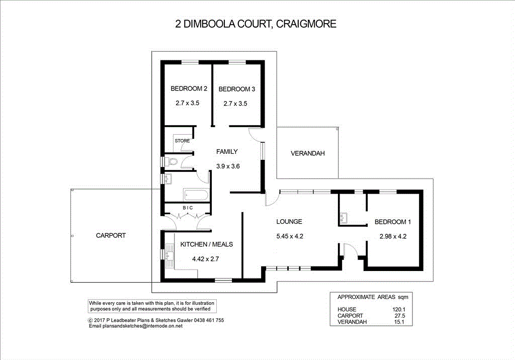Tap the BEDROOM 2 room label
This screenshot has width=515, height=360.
189,89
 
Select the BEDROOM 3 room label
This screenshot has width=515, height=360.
236,89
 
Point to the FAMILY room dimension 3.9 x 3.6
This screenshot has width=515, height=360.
226,166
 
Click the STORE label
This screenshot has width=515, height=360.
182,141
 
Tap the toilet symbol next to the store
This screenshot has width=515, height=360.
173,162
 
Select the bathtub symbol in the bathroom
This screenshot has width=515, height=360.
195,193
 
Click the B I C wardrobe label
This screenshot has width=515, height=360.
187,208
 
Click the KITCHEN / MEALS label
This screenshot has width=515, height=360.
206,244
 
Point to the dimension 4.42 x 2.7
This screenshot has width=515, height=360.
206,259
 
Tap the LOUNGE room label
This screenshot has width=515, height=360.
289,221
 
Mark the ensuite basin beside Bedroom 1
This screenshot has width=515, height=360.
345,218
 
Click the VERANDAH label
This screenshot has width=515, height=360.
307,153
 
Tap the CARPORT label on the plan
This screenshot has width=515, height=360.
111,235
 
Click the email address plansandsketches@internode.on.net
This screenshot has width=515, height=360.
142,326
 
